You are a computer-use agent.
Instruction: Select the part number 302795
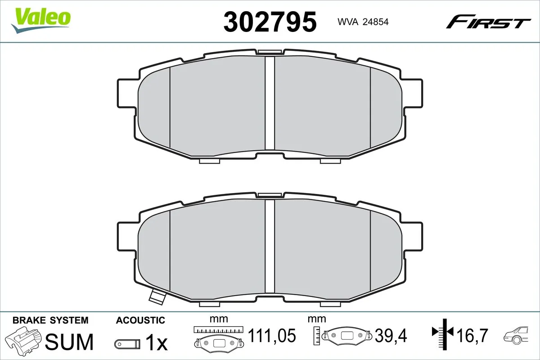click(270, 22)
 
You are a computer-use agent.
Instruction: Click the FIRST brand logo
click(488, 22)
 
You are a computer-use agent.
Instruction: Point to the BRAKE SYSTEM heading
click(50, 320)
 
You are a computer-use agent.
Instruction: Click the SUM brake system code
click(70, 342)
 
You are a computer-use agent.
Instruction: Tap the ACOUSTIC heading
click(140, 320)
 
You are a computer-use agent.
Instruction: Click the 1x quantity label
click(156, 343)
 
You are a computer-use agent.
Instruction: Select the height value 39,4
click(392, 335)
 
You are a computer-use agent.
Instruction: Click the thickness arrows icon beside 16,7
click(444, 333)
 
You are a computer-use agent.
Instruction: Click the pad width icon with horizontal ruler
click(218, 337)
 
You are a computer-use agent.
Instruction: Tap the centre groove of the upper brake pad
click(270, 103)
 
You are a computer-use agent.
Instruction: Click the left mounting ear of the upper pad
click(126, 94)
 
